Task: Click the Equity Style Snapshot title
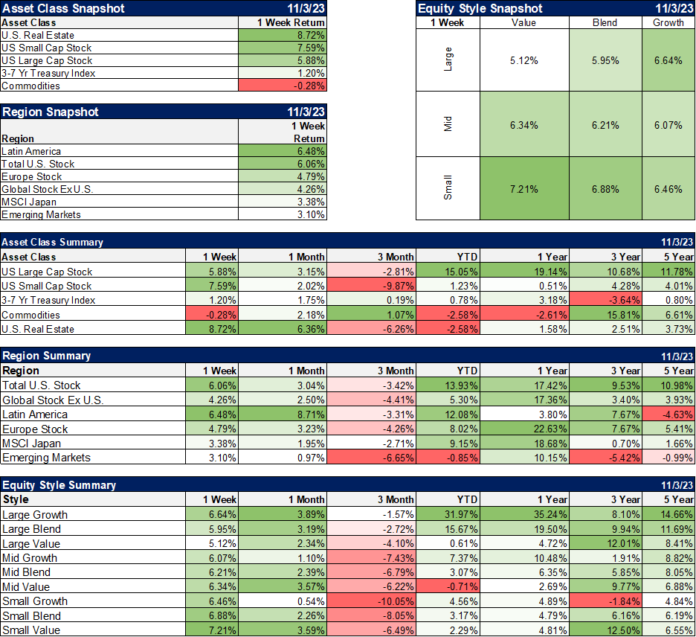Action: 480,8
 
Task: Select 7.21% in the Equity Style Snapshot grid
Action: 523,189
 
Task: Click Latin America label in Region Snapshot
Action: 31,151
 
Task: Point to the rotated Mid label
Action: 448,124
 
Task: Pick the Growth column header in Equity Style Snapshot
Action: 668,22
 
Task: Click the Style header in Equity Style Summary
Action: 16,500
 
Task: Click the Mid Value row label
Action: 26,587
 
